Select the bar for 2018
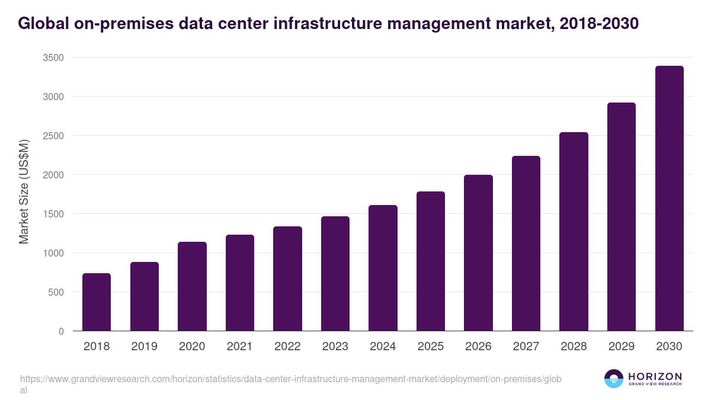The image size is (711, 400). pyautogui.click(x=97, y=302)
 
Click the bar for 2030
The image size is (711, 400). pyautogui.click(x=669, y=199)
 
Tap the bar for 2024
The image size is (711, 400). pyautogui.click(x=383, y=268)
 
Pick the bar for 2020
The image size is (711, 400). pyautogui.click(x=192, y=286)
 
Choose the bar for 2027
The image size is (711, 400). pyautogui.click(x=526, y=244)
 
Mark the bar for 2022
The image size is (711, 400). pyautogui.click(x=287, y=279)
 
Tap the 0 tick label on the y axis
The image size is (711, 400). pyautogui.click(x=61, y=331)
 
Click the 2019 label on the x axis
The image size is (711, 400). pyautogui.click(x=144, y=347)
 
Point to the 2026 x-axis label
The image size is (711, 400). pyautogui.click(x=478, y=347)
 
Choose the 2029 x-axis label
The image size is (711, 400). pyautogui.click(x=622, y=347)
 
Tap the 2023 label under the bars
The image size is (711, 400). pyautogui.click(x=335, y=347)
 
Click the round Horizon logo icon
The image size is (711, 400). pyautogui.click(x=614, y=379)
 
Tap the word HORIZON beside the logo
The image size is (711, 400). pyautogui.click(x=655, y=376)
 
